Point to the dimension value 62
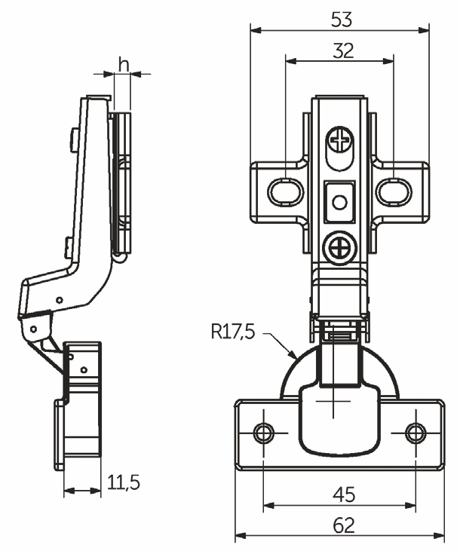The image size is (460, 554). click(x=340, y=525)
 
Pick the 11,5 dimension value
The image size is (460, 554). click(x=123, y=482)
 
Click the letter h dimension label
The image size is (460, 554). click(x=122, y=65)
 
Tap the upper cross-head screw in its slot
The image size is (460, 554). click(x=341, y=140)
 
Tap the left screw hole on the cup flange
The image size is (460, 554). click(x=263, y=433)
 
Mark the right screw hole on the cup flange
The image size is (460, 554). click(x=414, y=433)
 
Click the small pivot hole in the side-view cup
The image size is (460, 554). click(x=84, y=369)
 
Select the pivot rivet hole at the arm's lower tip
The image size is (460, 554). click(x=33, y=328)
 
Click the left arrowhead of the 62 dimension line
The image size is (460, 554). click(x=239, y=537)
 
